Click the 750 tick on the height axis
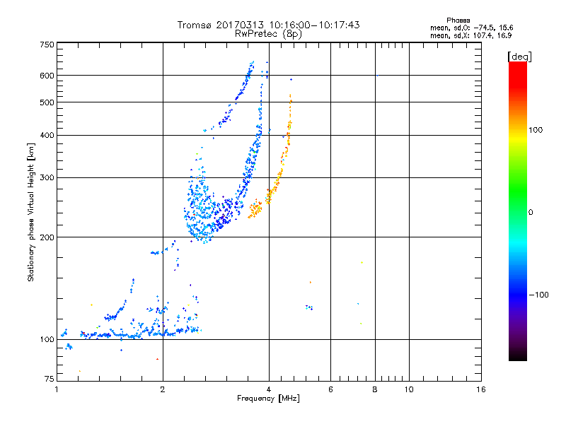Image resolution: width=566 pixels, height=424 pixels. pos(47,45)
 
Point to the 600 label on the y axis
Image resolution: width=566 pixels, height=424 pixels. pos(47,75)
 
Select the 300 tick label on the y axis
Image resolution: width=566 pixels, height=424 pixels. pos(47,177)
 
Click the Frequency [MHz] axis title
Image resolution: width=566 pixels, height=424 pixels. pos(269,399)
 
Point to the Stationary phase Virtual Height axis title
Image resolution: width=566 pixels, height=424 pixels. pos(31,212)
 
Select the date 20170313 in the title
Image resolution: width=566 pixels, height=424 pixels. pos(242,25)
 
